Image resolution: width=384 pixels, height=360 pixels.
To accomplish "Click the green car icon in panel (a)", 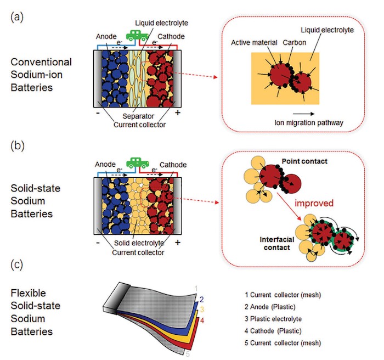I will (x=134, y=35).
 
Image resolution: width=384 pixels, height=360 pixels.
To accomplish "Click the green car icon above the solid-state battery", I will (x=135, y=163).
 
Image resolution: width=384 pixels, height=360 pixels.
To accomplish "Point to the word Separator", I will (x=139, y=116).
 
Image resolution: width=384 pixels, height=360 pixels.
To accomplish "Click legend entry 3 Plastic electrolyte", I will (x=274, y=319).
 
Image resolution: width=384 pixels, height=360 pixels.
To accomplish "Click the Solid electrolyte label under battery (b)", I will (x=140, y=243).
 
